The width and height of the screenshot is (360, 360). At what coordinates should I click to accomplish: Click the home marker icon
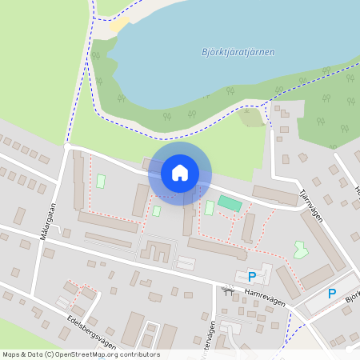(x=180, y=173)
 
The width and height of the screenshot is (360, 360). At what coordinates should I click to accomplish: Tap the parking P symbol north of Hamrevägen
(x=252, y=277)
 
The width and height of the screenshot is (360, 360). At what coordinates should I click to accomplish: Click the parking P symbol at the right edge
(x=332, y=294)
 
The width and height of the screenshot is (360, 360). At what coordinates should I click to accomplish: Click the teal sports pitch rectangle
(x=230, y=204)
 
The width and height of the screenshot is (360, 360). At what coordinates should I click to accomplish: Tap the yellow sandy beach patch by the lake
(x=119, y=25)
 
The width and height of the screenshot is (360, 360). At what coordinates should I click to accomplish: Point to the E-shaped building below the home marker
(x=155, y=252)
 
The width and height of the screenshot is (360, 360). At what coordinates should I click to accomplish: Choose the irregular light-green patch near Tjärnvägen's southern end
(x=301, y=250)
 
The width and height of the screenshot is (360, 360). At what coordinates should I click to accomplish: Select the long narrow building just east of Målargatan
(x=78, y=180)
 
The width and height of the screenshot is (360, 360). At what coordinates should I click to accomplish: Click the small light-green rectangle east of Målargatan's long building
(x=101, y=182)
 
